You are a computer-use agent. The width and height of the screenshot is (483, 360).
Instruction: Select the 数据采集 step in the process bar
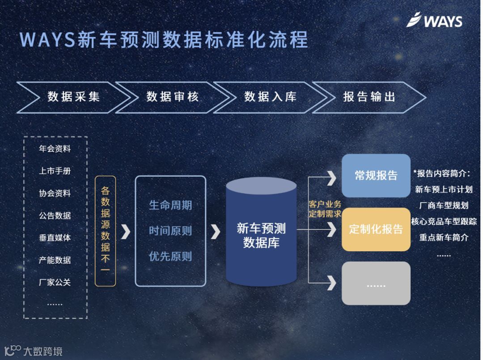(x=73, y=97)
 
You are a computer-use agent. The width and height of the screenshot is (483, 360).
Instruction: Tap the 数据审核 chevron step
(x=172, y=97)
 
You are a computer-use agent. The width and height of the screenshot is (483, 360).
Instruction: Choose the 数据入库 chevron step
(x=270, y=97)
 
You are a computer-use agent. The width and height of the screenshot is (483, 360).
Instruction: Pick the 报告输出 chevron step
(x=369, y=97)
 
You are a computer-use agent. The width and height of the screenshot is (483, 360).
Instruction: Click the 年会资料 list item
(x=55, y=149)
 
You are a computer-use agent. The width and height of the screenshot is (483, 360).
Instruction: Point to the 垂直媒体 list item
(x=55, y=237)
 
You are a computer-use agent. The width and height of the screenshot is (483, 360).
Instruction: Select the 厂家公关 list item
(x=55, y=282)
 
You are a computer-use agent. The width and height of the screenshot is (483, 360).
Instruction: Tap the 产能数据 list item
(x=55, y=260)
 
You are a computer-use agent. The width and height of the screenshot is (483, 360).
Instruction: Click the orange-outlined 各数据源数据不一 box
(x=105, y=231)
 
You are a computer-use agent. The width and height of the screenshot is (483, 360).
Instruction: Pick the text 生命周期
(x=170, y=205)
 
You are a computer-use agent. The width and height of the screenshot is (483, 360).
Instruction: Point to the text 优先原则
(x=170, y=256)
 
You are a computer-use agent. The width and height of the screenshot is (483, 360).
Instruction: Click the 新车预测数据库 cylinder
(x=261, y=233)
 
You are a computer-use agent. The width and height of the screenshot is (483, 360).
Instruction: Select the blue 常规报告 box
(x=376, y=175)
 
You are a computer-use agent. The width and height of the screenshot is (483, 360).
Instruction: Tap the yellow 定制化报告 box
(x=376, y=229)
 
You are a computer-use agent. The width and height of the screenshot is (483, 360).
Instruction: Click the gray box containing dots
(x=376, y=284)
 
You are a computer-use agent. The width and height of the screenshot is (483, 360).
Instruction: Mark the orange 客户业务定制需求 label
(x=325, y=209)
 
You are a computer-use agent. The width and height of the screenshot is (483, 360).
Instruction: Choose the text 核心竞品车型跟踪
(x=444, y=221)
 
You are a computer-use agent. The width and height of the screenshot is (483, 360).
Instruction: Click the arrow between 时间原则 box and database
(x=216, y=231)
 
